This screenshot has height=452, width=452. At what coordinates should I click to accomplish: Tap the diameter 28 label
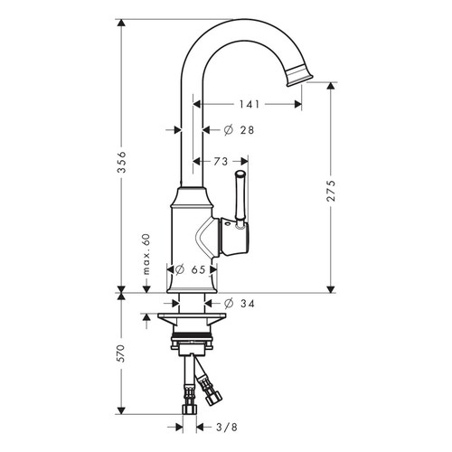tap(239, 131)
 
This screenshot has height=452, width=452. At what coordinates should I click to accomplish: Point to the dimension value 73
tap(219, 161)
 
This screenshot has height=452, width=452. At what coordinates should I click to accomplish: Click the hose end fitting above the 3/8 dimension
tap(191, 407)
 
